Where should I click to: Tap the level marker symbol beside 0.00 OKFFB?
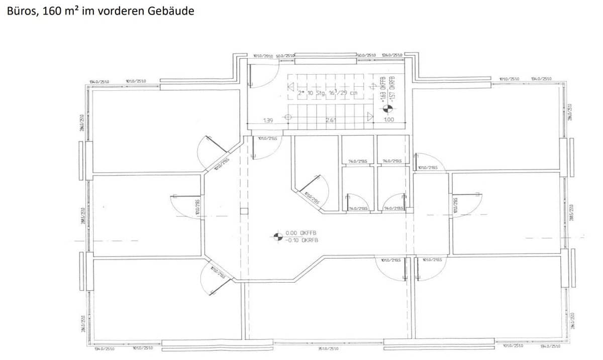277,236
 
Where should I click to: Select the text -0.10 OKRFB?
301,241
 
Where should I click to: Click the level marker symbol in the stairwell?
387,107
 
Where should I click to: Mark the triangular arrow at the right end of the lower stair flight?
370,117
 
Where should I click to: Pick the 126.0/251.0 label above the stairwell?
392,55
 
